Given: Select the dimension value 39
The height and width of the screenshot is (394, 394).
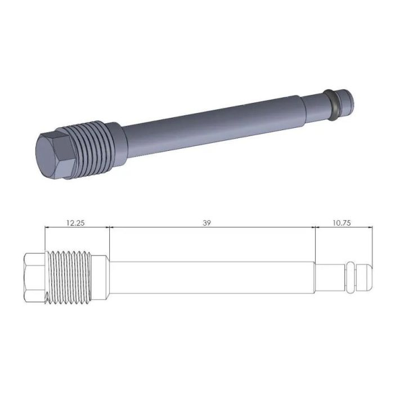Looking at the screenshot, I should (207, 222).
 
